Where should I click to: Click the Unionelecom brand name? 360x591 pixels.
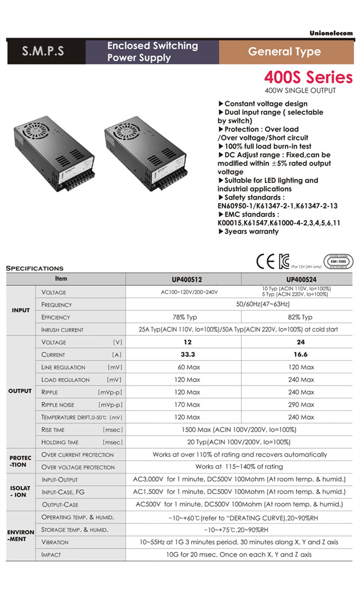point(331,33)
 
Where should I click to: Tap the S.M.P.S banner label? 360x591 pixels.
point(43,52)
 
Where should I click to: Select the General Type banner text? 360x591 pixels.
point(284,52)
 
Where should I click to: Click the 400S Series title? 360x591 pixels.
point(308,77)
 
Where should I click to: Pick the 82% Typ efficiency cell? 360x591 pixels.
point(301,317)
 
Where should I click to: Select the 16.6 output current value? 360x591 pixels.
point(301,355)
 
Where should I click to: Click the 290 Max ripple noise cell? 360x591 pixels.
point(301,405)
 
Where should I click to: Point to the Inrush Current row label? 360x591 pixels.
point(62,330)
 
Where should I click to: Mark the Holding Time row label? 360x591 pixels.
point(60,442)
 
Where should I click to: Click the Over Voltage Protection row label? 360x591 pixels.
point(78,467)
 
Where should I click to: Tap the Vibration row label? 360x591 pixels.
point(55,542)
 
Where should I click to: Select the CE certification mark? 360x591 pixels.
point(266,262)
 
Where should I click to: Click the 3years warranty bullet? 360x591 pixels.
point(248,231)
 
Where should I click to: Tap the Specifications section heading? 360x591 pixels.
point(34,268)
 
